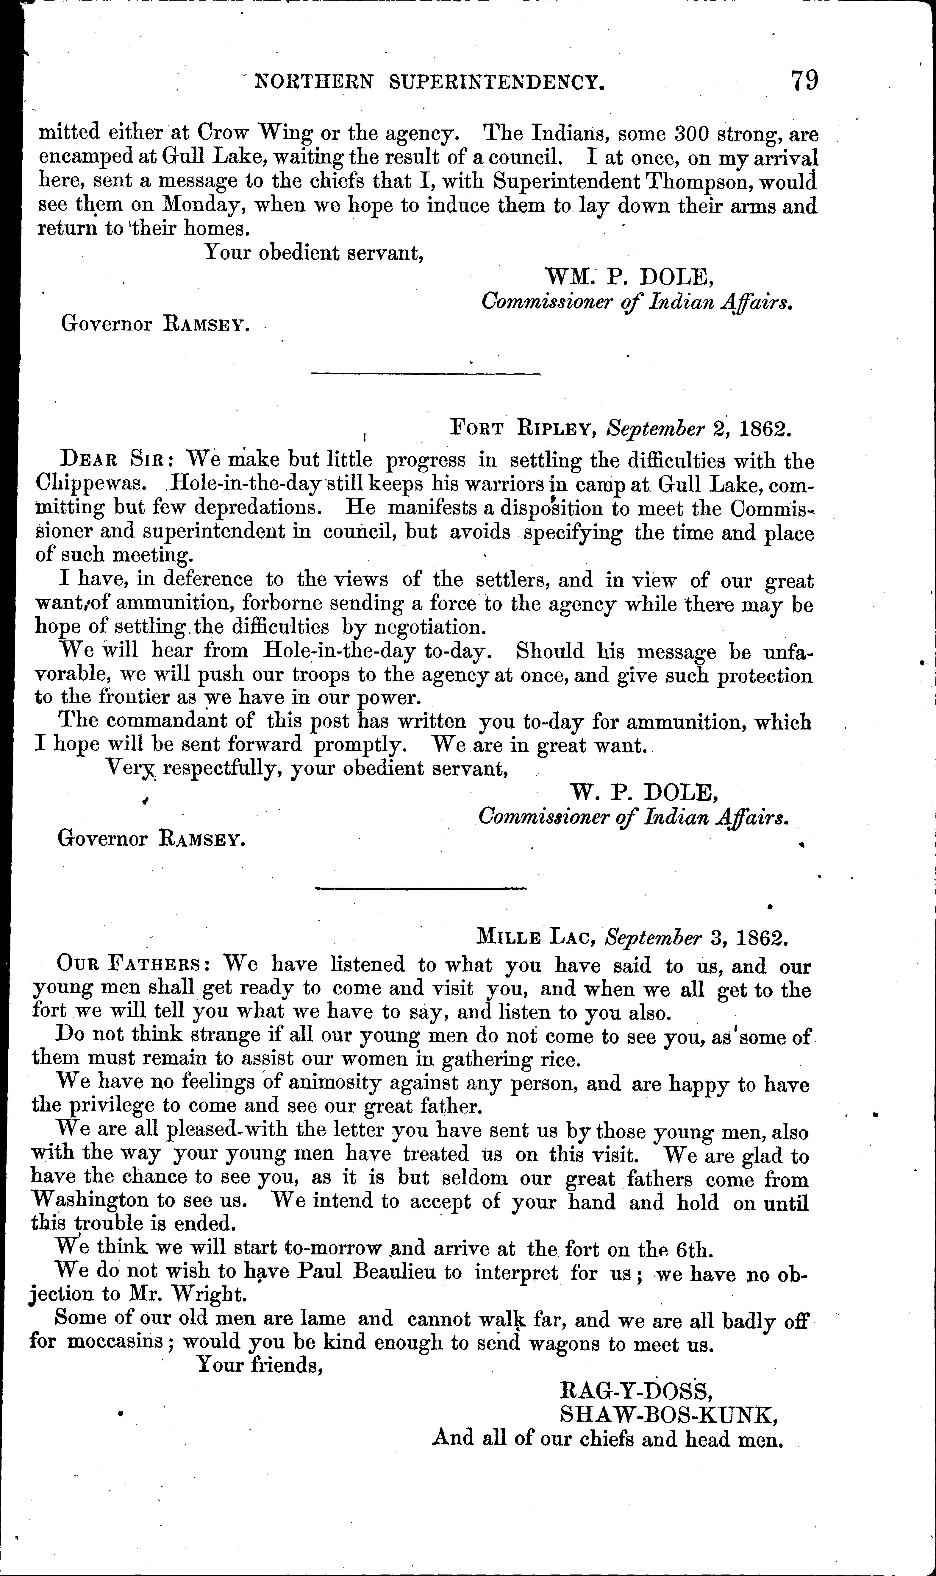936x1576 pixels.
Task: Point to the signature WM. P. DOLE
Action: tap(631, 276)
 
